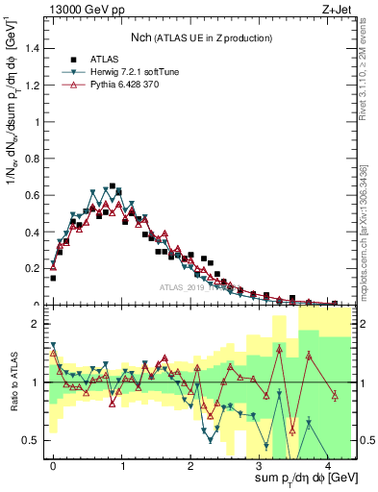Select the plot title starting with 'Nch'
[x=203, y=37]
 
